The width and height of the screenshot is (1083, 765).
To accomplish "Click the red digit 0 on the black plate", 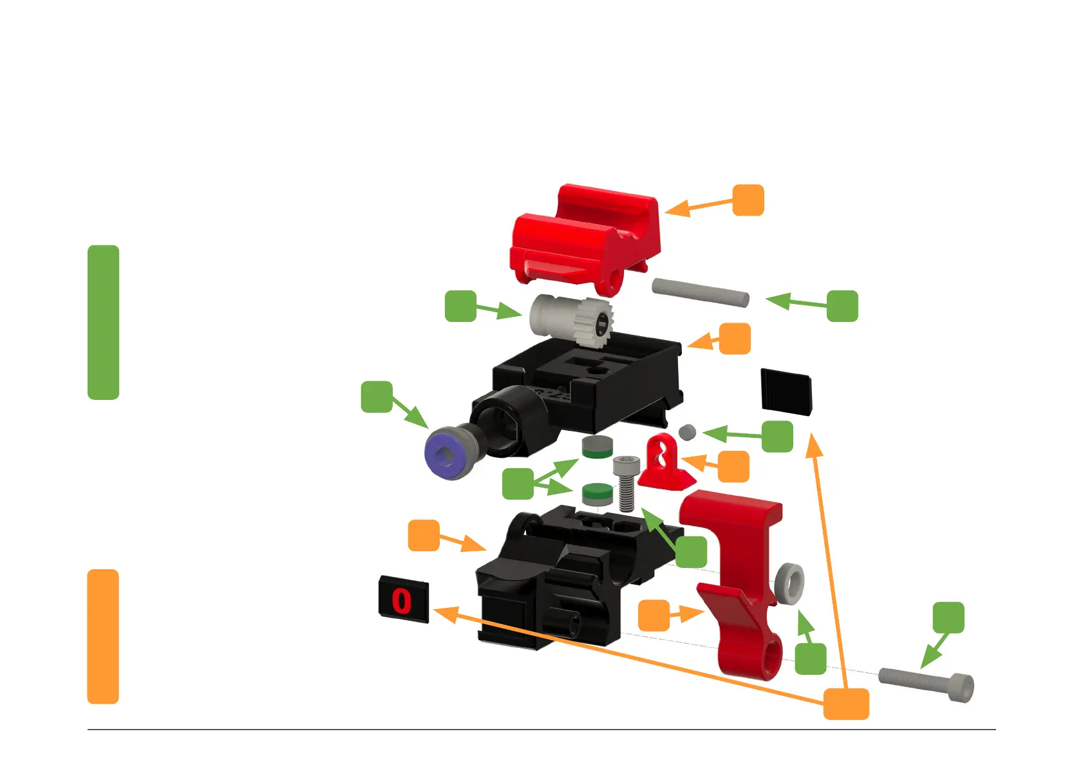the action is (401, 601).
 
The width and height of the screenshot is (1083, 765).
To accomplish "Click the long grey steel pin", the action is (700, 292).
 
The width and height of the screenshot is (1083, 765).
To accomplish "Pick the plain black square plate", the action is (786, 392).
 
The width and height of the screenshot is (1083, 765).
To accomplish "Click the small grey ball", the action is (687, 432).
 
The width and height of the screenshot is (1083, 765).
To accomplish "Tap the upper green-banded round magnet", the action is (597, 447).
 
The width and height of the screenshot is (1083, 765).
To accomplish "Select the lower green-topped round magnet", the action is (597, 493).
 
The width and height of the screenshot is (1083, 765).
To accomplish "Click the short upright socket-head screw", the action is (625, 482).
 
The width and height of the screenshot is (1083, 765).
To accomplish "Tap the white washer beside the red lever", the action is (789, 583).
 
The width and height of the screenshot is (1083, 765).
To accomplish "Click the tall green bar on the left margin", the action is (103, 322).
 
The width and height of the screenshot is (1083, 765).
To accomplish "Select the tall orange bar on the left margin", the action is (103, 636).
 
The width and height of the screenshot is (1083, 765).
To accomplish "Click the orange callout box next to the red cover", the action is (748, 200).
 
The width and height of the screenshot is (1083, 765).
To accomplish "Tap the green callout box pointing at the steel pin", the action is (842, 306).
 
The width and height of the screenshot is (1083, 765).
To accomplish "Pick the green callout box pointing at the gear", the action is (460, 306).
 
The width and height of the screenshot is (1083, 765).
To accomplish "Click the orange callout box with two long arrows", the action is (846, 703).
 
